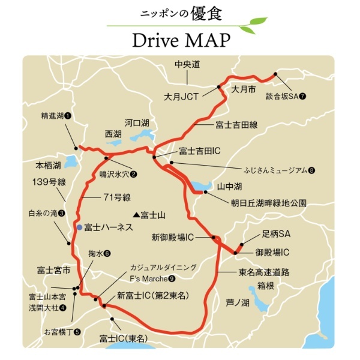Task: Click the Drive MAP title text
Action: pyautogui.click(x=179, y=41)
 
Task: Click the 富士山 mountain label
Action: pyautogui.click(x=152, y=214)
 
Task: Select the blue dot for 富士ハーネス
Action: pyautogui.click(x=79, y=227)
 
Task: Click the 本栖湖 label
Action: pyautogui.click(x=49, y=164)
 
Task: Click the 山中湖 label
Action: pyautogui.click(x=228, y=187)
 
